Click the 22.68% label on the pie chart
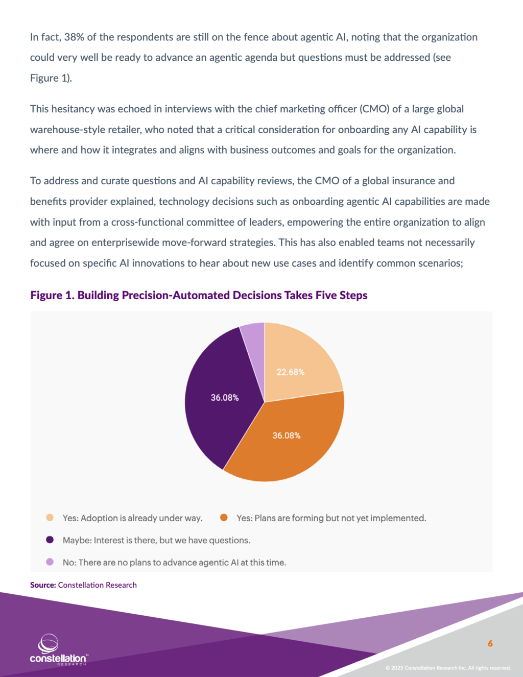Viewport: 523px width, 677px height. coord(290,372)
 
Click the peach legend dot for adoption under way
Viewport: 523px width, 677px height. coord(50,518)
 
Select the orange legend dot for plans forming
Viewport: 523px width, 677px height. coord(224,518)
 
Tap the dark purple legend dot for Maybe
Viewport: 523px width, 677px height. coord(50,540)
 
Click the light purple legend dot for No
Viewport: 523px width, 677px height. coord(50,562)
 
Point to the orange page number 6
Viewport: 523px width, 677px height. coord(490,643)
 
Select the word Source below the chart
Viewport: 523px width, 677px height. coord(42,585)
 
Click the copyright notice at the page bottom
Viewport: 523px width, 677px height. coord(448,668)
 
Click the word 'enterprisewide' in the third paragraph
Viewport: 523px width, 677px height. coord(125,243)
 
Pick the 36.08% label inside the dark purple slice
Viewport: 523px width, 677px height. coord(225,398)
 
